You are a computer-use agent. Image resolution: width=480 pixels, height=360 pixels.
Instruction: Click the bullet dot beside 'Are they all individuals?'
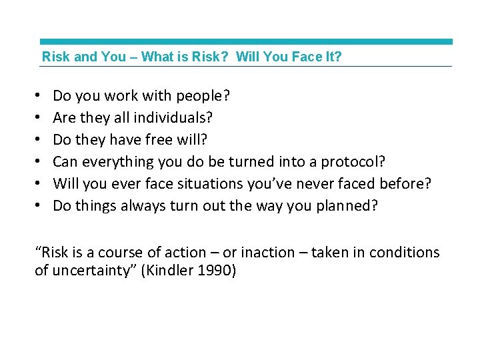click(x=39, y=118)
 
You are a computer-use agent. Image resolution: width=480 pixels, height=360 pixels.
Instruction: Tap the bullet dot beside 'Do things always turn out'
click(x=39, y=205)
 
